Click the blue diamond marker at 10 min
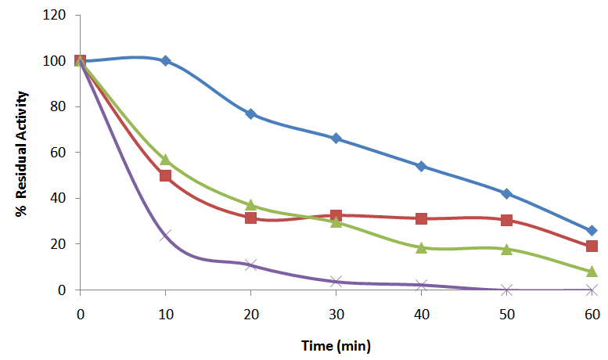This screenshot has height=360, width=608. (166, 60)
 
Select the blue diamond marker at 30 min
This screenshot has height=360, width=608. (336, 139)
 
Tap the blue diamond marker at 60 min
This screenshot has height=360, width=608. (592, 231)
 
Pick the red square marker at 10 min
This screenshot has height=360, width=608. (166, 175)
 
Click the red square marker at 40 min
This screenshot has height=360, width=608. (422, 218)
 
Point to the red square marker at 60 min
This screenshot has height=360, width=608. (592, 246)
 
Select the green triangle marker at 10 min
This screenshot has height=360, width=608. (166, 160)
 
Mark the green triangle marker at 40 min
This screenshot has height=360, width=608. (422, 247)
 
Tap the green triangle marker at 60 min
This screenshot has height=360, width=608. (592, 272)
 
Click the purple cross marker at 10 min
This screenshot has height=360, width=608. (166, 235)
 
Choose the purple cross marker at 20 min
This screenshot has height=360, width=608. (251, 265)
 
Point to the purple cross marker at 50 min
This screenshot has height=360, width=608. (506, 290)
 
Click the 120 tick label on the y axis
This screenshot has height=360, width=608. (65, 15)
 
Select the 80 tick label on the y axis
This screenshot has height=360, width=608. (68, 106)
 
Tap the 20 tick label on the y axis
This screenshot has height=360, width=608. (68, 244)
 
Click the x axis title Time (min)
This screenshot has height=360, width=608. (336, 345)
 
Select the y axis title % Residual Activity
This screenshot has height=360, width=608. (24, 153)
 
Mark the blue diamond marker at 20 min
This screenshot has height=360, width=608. (251, 113)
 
